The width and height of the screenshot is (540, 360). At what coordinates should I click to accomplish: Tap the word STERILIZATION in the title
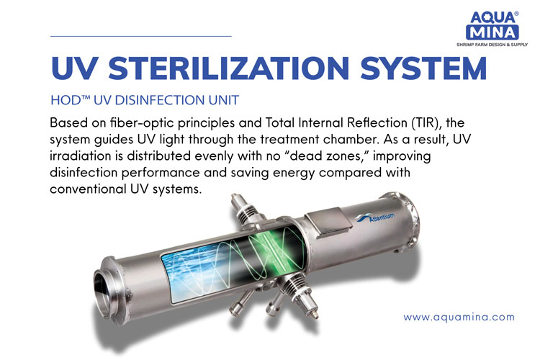[x=229, y=68]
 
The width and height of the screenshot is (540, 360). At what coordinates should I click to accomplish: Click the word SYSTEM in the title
[x=423, y=68]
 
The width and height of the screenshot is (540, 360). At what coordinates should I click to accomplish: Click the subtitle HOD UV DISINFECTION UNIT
[x=145, y=100]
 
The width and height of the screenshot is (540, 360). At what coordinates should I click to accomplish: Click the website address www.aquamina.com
[x=459, y=317]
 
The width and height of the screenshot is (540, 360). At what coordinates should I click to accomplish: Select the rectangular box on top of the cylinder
[x=328, y=223]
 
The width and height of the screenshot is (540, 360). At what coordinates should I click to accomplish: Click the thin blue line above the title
[x=141, y=36]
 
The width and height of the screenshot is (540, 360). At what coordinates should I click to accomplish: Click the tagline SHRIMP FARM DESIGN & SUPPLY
[x=492, y=45]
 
